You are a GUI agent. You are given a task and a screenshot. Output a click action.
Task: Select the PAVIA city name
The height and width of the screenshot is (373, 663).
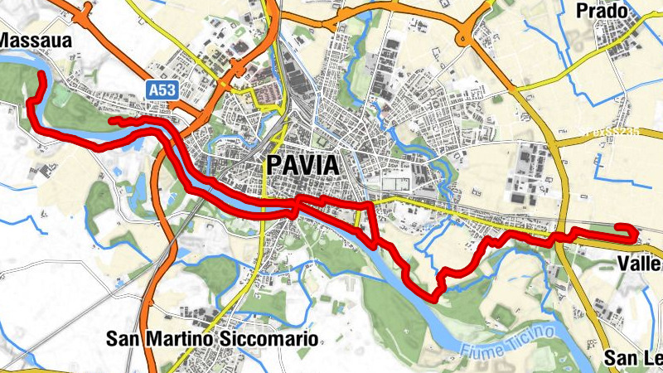click(302, 165)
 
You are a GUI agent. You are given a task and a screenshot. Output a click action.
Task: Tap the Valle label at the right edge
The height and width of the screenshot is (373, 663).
click(640, 264)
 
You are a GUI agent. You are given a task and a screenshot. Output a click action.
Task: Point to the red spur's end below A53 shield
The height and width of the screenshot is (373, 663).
click(113, 122)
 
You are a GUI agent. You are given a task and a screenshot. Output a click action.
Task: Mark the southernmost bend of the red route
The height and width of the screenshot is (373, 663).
click(433, 296)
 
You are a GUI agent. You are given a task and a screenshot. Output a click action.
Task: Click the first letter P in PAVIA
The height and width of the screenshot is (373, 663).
click(274, 165)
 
